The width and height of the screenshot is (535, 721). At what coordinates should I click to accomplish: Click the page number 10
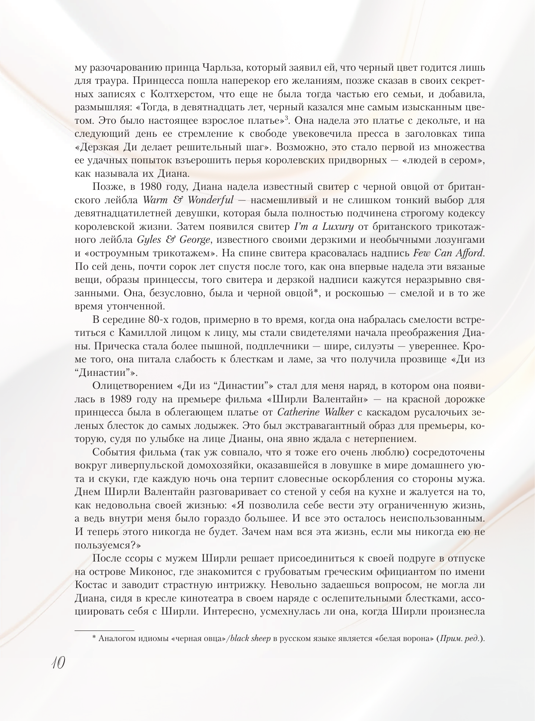point(58,663)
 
